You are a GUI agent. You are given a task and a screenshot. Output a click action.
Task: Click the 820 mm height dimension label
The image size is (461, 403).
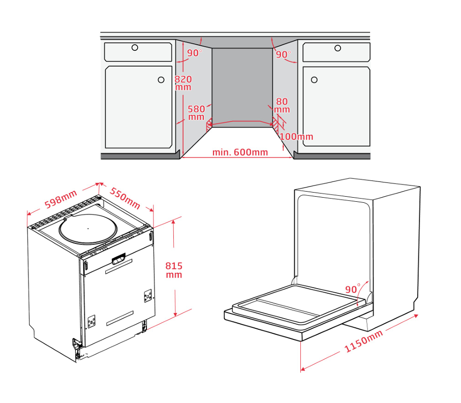pos(183,83)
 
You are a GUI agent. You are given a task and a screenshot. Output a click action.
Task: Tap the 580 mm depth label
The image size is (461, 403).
pos(196,113)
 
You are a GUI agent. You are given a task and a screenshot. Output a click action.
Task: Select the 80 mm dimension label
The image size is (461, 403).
pos(282,105)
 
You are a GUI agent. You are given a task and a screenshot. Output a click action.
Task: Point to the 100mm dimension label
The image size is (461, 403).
pos(296,136)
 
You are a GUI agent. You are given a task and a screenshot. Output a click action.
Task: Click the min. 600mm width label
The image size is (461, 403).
pos(240,152)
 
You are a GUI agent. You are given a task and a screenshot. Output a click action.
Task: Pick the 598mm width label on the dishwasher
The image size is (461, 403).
pos(60,199)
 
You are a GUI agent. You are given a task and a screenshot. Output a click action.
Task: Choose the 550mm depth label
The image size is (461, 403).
pos(125,198)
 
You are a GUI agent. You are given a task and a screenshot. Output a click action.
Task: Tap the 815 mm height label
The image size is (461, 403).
pos(174,270)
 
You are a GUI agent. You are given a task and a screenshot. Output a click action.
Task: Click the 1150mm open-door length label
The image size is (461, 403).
pos(363,341)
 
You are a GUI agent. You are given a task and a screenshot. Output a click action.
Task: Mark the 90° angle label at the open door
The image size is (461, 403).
pos(353,289)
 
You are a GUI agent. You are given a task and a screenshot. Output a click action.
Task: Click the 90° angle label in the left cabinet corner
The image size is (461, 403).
pos(195,53)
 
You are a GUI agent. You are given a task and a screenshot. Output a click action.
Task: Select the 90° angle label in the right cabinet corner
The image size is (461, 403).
pos(284,54)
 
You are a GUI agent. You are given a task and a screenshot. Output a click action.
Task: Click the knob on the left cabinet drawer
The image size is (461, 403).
pos(135,48)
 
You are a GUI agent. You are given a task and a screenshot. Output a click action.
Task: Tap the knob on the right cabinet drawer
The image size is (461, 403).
pos(338,48)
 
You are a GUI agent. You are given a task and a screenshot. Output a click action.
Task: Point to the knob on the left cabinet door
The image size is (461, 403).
pos(161,80)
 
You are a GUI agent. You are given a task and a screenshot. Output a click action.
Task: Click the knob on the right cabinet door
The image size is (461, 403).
pos(314,80)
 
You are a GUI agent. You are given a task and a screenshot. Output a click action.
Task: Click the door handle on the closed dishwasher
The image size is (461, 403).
pos(118,259)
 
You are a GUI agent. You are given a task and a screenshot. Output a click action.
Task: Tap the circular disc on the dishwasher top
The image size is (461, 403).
pos(88,229)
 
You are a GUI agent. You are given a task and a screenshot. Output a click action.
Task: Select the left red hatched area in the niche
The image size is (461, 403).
pos(209,125)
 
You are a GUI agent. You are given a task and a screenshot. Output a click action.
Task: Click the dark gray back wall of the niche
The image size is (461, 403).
pos(242,87)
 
